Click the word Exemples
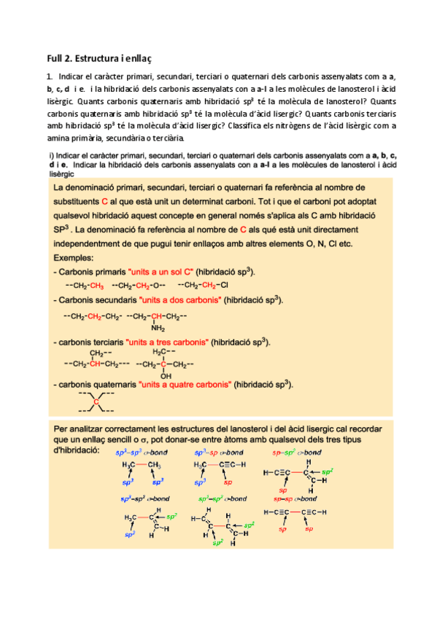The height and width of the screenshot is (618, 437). tap(74, 258)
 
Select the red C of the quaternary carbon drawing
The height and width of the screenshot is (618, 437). tap(96, 402)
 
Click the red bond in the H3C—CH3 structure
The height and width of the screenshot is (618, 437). tap(142, 465)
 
